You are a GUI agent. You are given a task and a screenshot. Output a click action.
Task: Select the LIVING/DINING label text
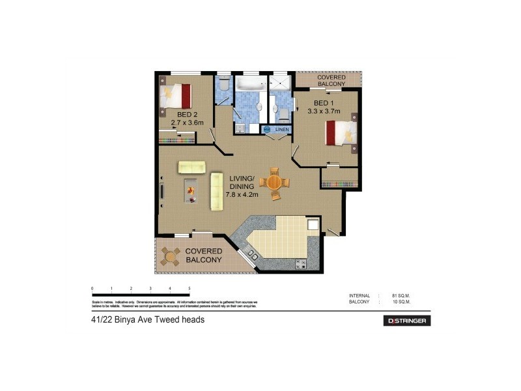[x=242, y=181]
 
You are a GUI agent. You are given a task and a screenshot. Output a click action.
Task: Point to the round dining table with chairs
[x=275, y=182]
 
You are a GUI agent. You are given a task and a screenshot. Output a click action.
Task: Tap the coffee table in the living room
[x=191, y=190]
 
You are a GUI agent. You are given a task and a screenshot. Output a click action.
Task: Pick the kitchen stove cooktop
[x=301, y=263]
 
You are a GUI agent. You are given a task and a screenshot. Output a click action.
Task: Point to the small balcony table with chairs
[x=171, y=255]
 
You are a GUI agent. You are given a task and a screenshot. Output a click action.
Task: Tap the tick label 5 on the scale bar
[x=189, y=288]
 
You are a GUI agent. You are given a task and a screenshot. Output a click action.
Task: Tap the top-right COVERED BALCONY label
[x=331, y=81]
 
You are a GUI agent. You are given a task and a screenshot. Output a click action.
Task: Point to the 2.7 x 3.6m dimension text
[x=188, y=122]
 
